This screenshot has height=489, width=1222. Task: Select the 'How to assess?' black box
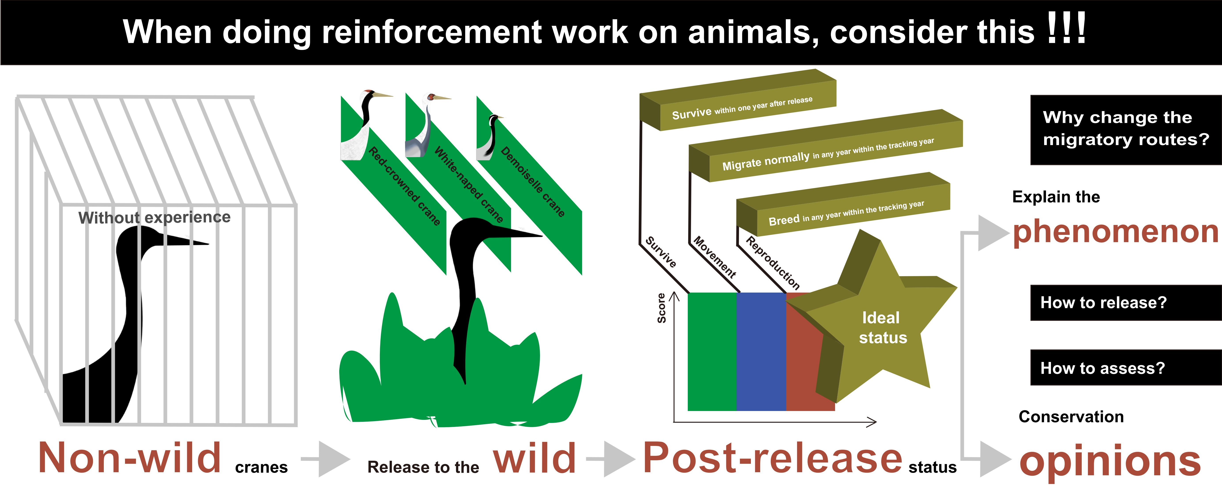(x=1126, y=367)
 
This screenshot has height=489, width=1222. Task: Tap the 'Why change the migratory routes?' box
(x=1126, y=130)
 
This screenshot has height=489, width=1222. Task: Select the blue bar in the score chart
(x=761, y=351)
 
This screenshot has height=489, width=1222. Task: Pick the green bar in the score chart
(x=712, y=351)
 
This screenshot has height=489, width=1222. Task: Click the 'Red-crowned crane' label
(x=404, y=186)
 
